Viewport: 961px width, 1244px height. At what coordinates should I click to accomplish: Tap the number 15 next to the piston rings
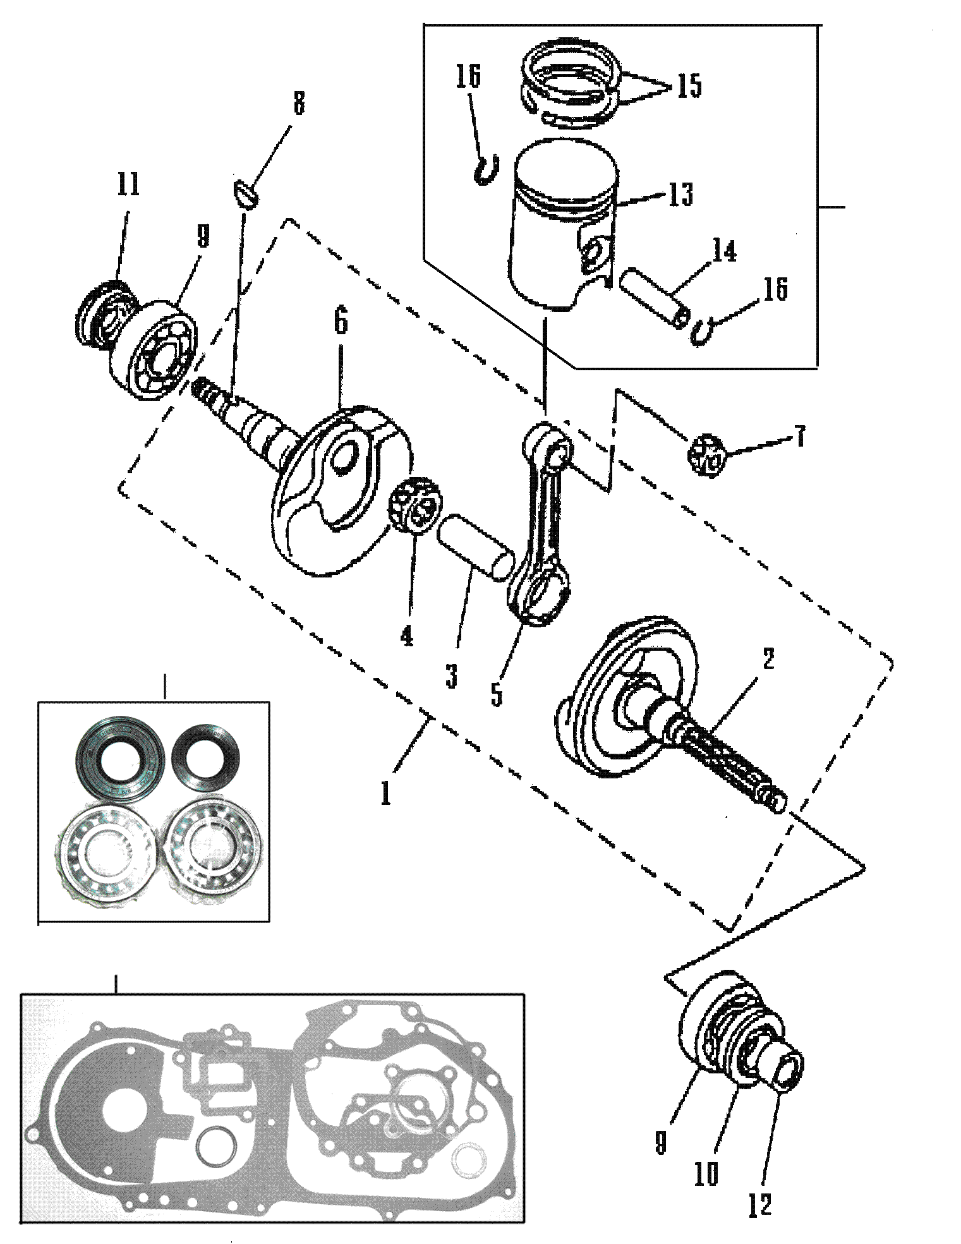tap(688, 85)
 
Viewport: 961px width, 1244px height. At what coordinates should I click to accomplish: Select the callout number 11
tap(128, 184)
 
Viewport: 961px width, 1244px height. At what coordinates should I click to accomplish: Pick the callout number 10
tap(706, 1174)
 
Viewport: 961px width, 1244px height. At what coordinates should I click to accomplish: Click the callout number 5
tap(497, 692)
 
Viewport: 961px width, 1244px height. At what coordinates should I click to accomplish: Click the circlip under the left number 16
tap(485, 170)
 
